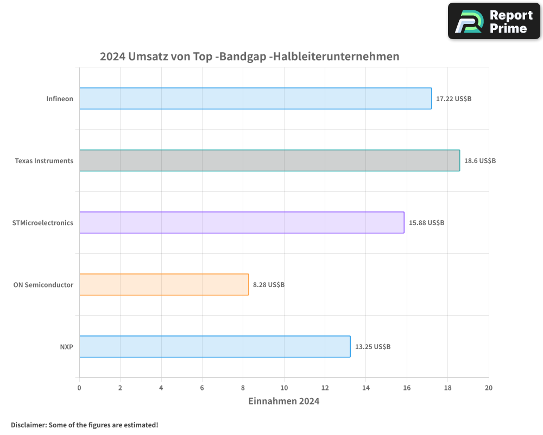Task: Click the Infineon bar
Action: [255, 98]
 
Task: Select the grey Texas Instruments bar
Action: [269, 160]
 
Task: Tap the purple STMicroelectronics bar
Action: [242, 222]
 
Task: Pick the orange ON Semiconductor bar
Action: [164, 284]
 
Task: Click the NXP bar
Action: [214, 346]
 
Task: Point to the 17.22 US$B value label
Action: [454, 99]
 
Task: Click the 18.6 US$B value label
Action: [480, 161]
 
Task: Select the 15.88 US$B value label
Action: [426, 223]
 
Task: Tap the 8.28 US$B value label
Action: [269, 285]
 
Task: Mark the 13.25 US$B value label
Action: [372, 347]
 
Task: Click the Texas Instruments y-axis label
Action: [44, 161]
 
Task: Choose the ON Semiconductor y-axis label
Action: [43, 285]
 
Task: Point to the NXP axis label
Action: [67, 347]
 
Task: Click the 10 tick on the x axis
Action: [284, 388]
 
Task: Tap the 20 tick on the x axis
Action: [489, 388]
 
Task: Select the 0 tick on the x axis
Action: [79, 388]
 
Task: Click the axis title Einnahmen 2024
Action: [283, 401]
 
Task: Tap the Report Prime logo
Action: [494, 21]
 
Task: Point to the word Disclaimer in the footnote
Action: [28, 425]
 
